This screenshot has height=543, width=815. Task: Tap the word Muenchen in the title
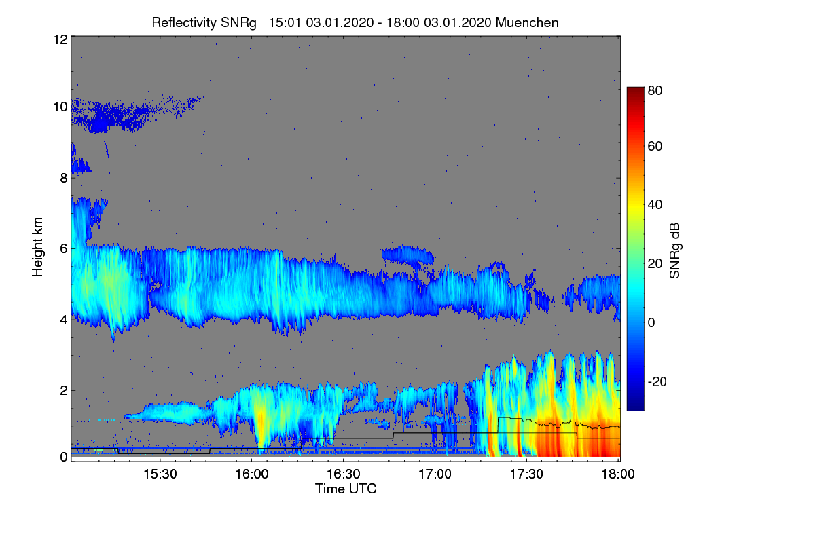pos(527,22)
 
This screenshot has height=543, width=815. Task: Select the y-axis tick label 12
pos(59,39)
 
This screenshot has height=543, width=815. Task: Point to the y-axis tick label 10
pos(59,107)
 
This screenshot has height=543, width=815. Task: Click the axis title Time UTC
pos(346,489)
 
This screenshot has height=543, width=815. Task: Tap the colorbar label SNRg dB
pos(675,250)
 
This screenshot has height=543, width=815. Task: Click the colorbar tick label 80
pos(655,90)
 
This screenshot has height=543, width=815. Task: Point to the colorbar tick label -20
pos(657,381)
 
